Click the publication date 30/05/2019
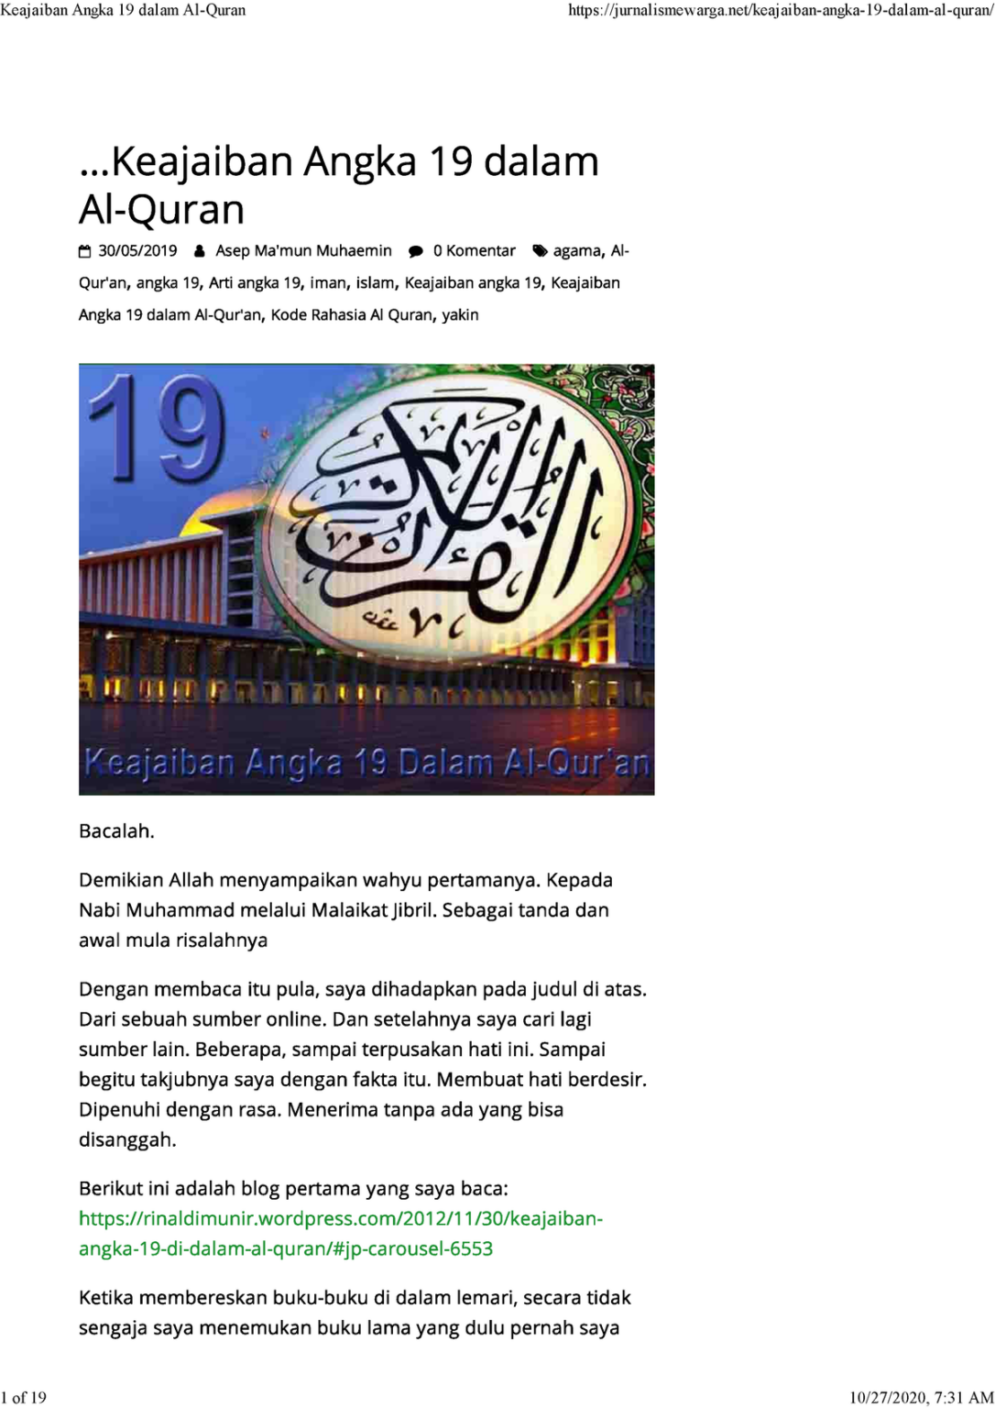coord(137,251)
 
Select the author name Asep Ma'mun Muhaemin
coord(303,251)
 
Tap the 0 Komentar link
coord(474,251)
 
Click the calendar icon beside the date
coord(85,251)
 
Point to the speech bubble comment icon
coord(416,251)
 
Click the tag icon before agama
coord(540,251)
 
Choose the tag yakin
coord(460,315)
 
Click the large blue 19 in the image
coord(156,429)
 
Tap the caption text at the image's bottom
coord(366,763)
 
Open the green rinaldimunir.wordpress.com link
coord(340,1234)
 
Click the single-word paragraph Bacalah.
coord(116,831)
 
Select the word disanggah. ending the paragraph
coord(127,1140)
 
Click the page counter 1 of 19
coord(25,1398)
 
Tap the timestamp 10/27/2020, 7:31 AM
coord(921,1398)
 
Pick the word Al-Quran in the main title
coord(162,210)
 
